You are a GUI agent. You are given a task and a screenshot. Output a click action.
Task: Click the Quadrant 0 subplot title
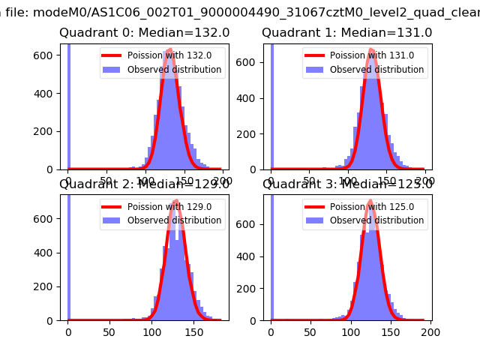pos(144,33)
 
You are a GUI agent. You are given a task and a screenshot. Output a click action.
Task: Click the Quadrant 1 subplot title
pos(346,33)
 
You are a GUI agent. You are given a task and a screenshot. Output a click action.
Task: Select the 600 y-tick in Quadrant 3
pos(250,224)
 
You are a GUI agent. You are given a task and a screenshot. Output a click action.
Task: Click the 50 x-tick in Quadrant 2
pos(110,331)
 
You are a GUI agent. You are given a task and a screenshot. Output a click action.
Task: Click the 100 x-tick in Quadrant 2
pos(152,331)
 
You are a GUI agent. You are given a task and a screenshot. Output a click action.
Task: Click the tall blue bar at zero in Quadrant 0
pos(68,105)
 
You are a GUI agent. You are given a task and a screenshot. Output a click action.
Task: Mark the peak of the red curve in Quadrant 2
pos(175,201)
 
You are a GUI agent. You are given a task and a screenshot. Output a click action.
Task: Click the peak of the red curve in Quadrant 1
pos(373,50)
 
